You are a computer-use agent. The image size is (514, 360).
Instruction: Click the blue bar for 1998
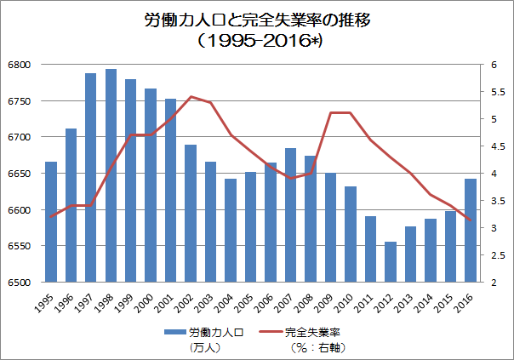coord(111,175)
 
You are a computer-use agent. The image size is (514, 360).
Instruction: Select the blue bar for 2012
coord(391,261)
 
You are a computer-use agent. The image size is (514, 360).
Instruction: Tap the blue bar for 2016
coord(471,230)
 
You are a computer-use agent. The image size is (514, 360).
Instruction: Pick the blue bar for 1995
coord(51,221)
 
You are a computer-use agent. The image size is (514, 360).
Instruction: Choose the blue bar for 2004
coord(231,230)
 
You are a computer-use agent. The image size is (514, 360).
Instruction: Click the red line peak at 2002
coord(191,97)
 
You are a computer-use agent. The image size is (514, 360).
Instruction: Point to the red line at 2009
coord(331,113)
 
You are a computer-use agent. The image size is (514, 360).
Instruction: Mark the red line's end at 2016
coord(471,220)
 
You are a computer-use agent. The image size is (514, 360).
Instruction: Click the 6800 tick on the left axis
coord(20,65)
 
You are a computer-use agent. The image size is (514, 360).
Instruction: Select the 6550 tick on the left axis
coord(20,246)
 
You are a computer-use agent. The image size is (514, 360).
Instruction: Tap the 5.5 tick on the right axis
coord(499,92)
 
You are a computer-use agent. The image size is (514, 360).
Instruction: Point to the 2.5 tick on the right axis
coord(499,255)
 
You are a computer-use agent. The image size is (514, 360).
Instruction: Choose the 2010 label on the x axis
coord(344,303)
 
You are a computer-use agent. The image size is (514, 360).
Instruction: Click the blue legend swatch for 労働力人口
coord(175,332)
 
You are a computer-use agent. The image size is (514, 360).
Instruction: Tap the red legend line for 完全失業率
coord(271,332)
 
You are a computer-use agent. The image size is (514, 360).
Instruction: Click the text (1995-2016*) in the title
coord(260,42)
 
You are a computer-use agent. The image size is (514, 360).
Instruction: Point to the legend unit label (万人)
coord(205,347)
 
